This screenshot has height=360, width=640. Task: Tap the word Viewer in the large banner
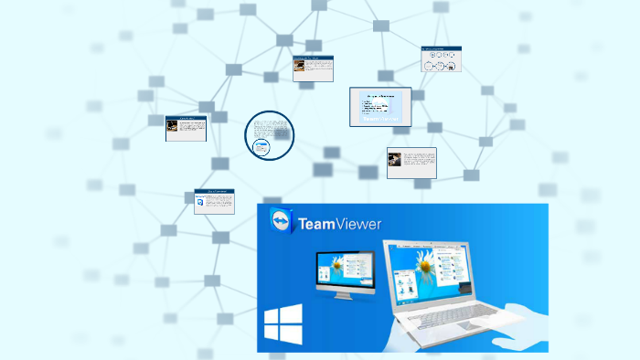[359, 223]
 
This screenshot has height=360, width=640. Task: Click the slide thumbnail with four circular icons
[441, 60]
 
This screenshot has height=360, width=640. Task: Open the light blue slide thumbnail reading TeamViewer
[380, 108]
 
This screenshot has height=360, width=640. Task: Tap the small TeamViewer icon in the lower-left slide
[201, 202]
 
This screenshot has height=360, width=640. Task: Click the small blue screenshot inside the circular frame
[262, 147]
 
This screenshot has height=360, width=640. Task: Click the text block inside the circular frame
[270, 127]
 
